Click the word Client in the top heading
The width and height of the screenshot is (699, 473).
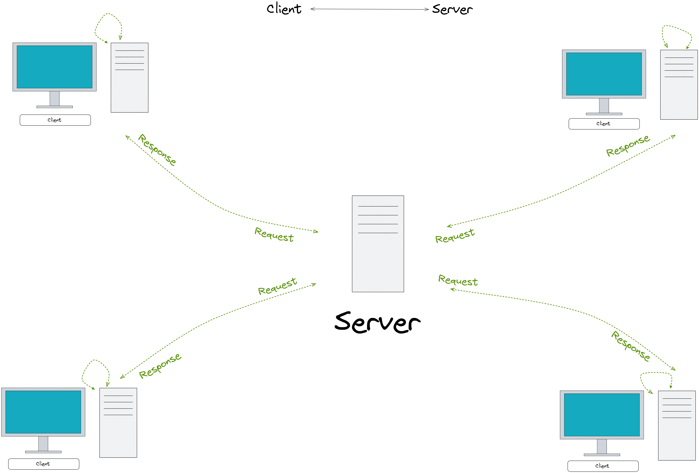click(284, 9)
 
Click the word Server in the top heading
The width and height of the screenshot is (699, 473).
click(452, 9)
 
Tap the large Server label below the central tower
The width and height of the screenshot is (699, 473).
click(378, 322)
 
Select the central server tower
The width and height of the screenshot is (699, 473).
click(378, 244)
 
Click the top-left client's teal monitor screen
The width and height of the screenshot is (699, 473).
click(54, 67)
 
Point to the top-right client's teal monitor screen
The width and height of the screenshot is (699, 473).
click(604, 74)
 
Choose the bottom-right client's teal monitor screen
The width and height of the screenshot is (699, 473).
click(602, 415)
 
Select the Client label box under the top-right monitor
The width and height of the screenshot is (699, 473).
click(604, 124)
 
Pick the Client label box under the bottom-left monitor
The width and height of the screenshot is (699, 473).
click(44, 464)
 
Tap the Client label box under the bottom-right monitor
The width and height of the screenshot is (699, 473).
click(603, 466)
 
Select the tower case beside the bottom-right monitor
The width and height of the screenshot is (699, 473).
click(677, 425)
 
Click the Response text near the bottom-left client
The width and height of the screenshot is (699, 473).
click(160, 366)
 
